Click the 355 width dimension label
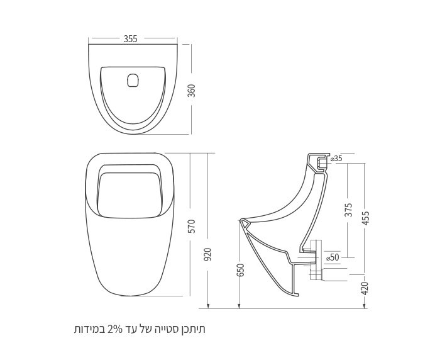[131, 38]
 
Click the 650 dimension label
[241, 269]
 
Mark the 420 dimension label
[366, 288]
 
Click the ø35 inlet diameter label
[336, 159]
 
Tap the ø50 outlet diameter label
[333, 257]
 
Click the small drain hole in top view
[133, 81]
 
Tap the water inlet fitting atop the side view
[322, 162]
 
